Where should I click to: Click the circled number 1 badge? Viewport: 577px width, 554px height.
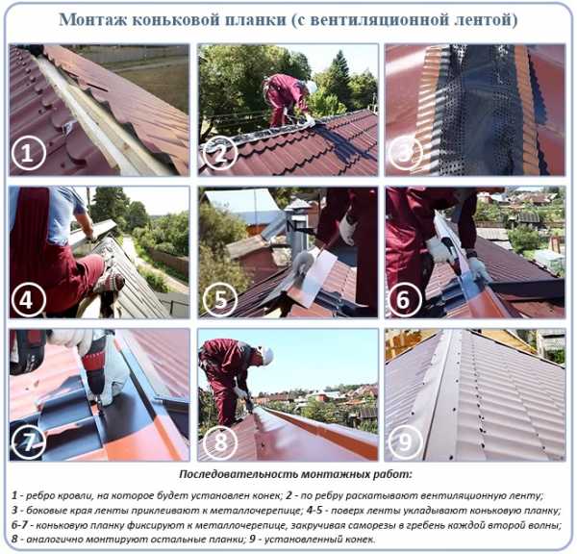point(28,153)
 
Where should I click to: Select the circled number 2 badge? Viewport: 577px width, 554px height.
point(220,153)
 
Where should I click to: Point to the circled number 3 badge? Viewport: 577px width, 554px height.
point(405,153)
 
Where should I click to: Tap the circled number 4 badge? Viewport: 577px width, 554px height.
point(28,300)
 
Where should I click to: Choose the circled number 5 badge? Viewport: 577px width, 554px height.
point(220,300)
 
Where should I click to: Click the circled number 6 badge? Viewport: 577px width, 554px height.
point(405,300)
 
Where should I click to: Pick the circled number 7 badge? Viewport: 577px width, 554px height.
point(28,441)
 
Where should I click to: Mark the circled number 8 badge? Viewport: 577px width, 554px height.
point(220,441)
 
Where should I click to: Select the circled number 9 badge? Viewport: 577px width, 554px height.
point(405,441)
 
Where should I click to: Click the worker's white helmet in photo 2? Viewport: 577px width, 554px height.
point(311,87)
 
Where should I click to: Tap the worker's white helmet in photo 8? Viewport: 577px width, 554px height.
point(268,355)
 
